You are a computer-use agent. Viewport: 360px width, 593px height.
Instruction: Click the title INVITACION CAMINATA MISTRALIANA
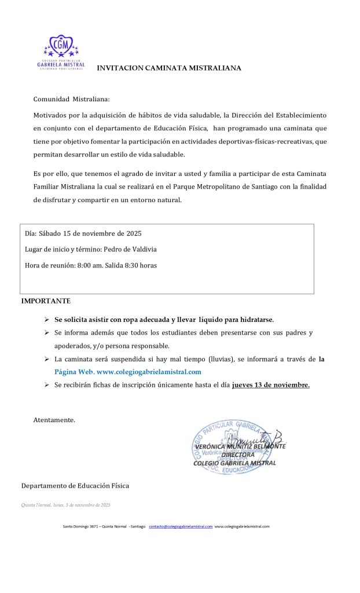[168, 68]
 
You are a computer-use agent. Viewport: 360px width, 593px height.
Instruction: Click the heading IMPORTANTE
[46, 301]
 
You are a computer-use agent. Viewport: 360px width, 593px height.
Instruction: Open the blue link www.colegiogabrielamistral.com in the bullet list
[149, 372]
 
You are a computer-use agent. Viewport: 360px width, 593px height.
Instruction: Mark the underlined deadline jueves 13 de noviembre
[270, 385]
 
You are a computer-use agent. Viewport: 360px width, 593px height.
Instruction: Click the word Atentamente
[54, 419]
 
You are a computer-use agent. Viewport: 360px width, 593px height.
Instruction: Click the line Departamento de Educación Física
[75, 485]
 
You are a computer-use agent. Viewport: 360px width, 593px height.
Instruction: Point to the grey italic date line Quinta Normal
[65, 505]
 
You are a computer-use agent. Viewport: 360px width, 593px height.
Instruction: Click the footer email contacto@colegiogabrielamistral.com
[181, 526]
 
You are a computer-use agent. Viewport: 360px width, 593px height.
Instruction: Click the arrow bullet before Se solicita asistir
[47, 320]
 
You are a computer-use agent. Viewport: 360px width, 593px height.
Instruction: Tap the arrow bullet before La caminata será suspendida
[47, 359]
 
